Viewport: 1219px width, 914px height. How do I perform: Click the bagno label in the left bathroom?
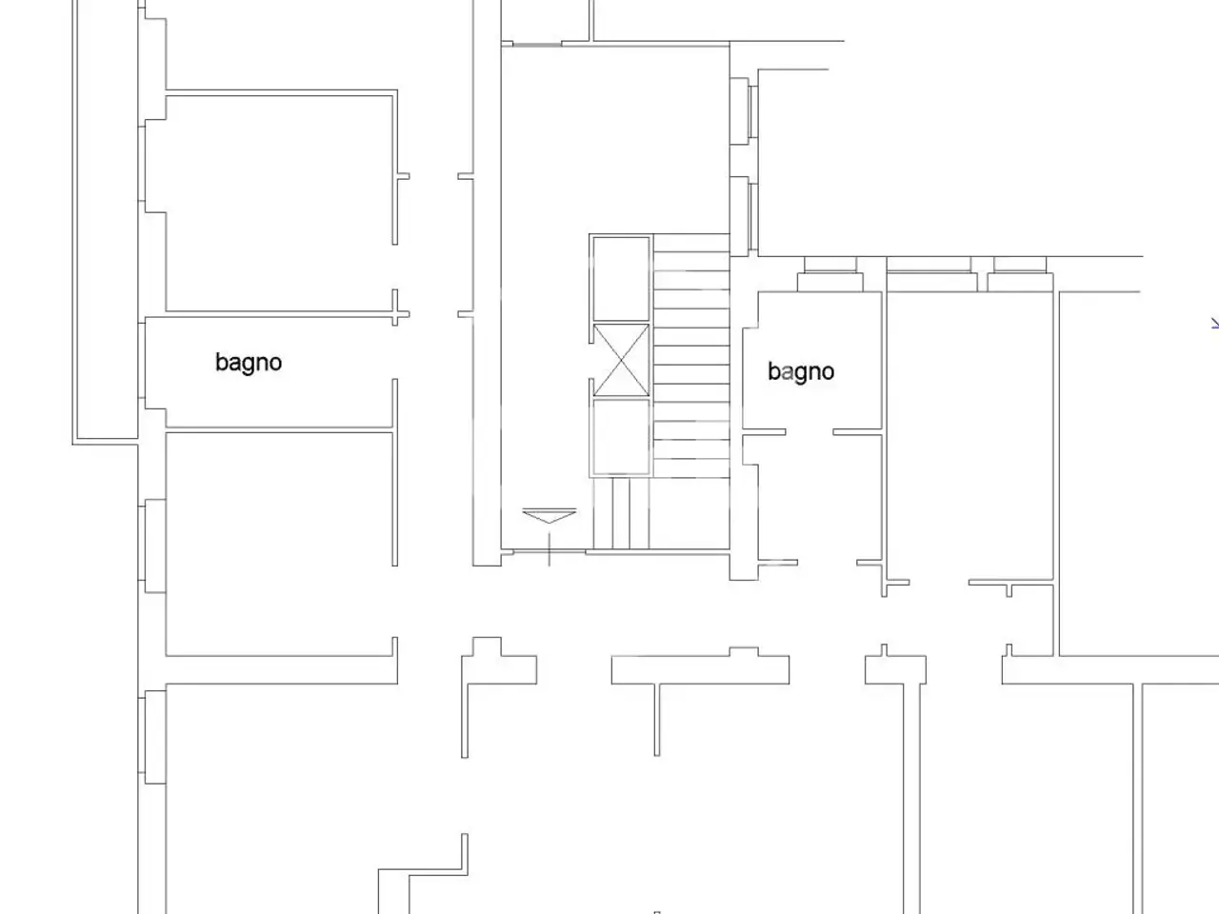(249, 364)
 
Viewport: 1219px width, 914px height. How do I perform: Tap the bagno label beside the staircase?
(801, 372)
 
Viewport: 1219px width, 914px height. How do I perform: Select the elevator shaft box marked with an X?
(621, 361)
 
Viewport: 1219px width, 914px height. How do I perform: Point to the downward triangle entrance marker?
(550, 515)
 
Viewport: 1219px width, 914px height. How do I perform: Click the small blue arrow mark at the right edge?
(1215, 323)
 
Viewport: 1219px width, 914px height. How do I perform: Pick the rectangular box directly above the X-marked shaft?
(621, 279)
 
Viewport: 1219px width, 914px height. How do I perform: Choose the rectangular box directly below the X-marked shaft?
(621, 437)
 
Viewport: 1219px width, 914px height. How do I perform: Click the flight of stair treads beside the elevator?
(691, 356)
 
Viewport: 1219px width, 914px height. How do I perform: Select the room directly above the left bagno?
(279, 203)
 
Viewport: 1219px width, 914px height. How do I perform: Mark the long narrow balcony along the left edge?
(106, 222)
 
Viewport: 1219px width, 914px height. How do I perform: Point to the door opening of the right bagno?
(809, 431)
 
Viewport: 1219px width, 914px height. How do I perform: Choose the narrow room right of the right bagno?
(969, 436)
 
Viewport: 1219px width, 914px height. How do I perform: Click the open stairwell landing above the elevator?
(615, 139)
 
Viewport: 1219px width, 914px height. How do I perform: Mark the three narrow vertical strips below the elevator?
(621, 513)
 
